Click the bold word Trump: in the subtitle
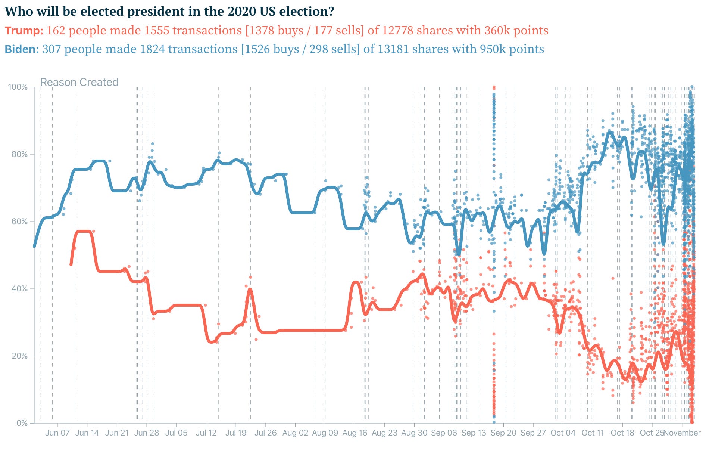coord(24,30)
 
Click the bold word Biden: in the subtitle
coord(22,49)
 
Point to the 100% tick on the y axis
coord(18,87)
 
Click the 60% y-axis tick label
coord(19,222)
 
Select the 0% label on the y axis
coord(22,423)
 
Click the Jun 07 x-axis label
coord(57,433)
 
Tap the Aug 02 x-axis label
coord(295,433)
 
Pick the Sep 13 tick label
coord(474,433)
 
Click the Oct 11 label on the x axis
coord(593,433)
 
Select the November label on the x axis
coord(682,433)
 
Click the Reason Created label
coord(79,82)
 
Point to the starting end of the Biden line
coord(34,247)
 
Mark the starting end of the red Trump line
coord(71,264)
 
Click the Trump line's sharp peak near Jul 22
coord(250,289)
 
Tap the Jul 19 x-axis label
coord(236,433)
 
